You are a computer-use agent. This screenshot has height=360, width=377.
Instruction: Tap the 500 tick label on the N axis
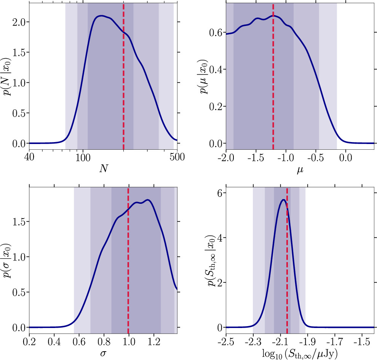(x=177, y=156)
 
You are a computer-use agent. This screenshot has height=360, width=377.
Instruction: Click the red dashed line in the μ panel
(x=273, y=76)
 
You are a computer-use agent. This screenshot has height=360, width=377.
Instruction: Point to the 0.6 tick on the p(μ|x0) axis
(x=216, y=33)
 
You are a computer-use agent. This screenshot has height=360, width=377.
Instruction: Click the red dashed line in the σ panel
(x=128, y=259)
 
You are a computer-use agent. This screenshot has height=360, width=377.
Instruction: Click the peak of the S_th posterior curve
(x=283, y=200)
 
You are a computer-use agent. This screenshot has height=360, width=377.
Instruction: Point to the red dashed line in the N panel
(x=123, y=76)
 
